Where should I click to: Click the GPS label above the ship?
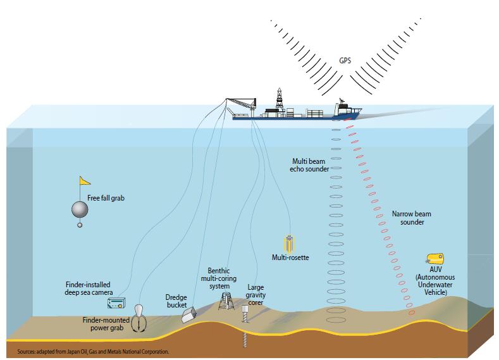click(345, 62)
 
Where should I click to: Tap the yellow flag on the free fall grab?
click(84, 181)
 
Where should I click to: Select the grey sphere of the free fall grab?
click(79, 209)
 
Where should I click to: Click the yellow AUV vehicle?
click(436, 258)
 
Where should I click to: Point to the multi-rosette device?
click(290, 244)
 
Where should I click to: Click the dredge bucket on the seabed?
click(190, 314)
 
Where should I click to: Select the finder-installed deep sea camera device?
click(116, 305)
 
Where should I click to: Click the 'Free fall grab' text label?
click(106, 198)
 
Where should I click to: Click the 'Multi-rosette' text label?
click(290, 258)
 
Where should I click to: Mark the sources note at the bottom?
click(89, 350)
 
